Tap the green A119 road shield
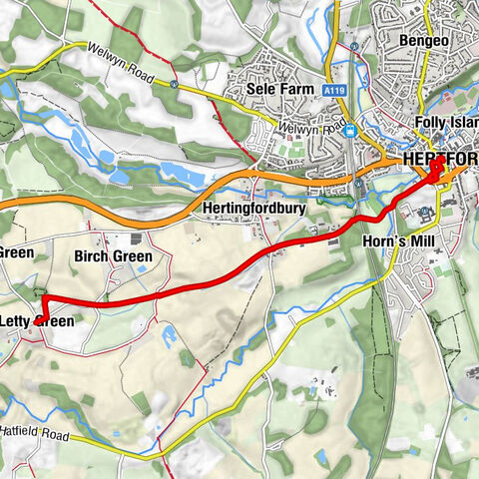335,90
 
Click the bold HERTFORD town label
440,160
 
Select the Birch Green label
114,256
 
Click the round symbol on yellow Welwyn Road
176,85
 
